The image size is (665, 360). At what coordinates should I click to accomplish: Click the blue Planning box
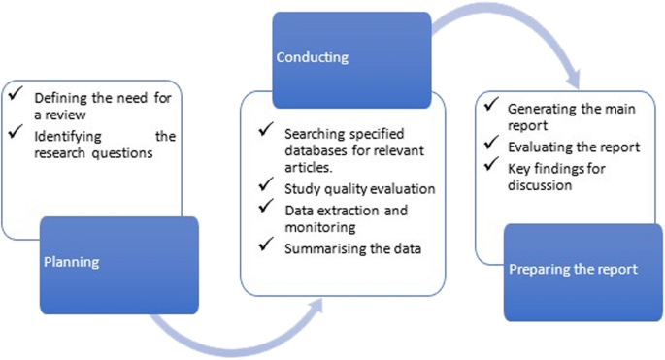point(118,264)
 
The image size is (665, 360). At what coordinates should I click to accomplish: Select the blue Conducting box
point(350,59)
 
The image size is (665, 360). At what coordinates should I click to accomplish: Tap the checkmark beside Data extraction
point(264,208)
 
